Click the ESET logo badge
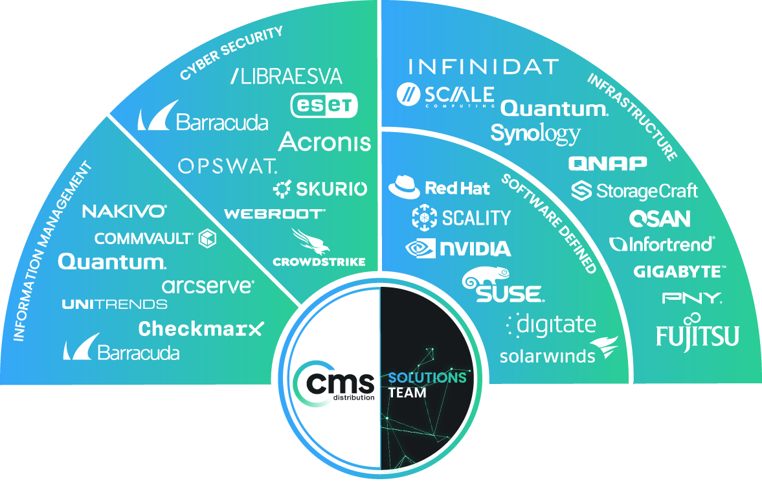[324, 105]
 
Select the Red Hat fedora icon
[404, 188]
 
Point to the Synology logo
[535, 134]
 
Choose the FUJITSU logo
[697, 334]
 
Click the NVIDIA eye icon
[420, 249]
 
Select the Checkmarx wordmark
[201, 329]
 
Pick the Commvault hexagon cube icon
[207, 238]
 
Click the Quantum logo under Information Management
[111, 262]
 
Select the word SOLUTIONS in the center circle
[427, 377]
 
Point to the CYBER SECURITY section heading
[231, 53]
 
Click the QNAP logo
[607, 163]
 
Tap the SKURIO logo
[320, 189]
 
